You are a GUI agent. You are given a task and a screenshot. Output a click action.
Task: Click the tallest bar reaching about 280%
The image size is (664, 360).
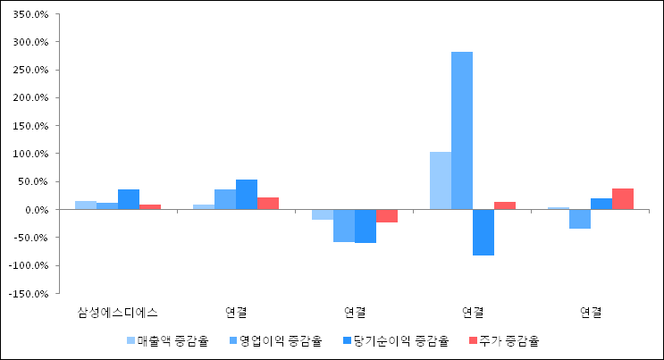tap(462, 130)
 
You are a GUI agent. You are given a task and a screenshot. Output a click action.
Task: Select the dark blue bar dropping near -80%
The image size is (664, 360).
tap(483, 232)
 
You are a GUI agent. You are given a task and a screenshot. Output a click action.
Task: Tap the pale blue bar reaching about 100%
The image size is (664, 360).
tap(441, 180)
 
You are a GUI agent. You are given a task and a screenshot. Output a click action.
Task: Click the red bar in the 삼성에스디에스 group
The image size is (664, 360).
tap(150, 207)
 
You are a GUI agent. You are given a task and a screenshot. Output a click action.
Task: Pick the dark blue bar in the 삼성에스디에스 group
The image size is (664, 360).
tap(129, 199)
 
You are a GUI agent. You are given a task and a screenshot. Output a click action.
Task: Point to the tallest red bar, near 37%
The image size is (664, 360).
tap(623, 199)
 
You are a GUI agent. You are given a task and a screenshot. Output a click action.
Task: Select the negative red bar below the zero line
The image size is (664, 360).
tap(387, 216)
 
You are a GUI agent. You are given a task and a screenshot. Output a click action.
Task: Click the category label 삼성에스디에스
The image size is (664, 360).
tap(118, 313)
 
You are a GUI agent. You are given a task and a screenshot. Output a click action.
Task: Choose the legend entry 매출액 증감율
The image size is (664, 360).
tap(168, 340)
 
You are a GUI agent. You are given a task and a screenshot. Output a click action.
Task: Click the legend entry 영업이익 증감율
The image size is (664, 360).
tap(275, 340)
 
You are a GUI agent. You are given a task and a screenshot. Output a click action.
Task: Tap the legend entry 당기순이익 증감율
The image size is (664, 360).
tap(396, 340)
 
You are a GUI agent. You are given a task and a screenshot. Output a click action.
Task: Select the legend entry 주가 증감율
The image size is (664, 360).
tap(504, 340)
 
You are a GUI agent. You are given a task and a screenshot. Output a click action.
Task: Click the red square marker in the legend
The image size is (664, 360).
tap(473, 340)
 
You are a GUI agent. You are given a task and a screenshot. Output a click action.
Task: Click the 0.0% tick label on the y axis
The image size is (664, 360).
tap(37, 210)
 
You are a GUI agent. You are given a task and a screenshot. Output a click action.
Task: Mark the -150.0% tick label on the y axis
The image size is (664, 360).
tap(29, 294)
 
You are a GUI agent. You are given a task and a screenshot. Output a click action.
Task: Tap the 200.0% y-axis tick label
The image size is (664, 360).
tap(31, 98)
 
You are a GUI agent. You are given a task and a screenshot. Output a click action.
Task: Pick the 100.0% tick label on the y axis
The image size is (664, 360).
tap(31, 155)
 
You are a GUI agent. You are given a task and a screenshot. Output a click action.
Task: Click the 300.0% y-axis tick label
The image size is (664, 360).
tap(31, 42)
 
